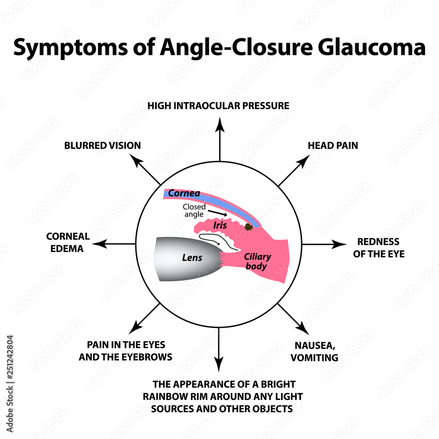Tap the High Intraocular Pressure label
click(218, 105)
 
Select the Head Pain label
click(332, 145)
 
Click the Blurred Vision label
click(102, 145)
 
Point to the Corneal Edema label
click(68, 242)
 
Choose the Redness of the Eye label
click(378, 248)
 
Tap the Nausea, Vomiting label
click(314, 351)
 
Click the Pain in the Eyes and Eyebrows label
click(126, 351)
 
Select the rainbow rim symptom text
click(222, 396)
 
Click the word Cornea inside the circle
click(184, 193)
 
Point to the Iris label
click(220, 225)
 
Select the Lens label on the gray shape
click(192, 257)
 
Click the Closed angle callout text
click(194, 210)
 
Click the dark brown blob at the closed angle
click(248, 227)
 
